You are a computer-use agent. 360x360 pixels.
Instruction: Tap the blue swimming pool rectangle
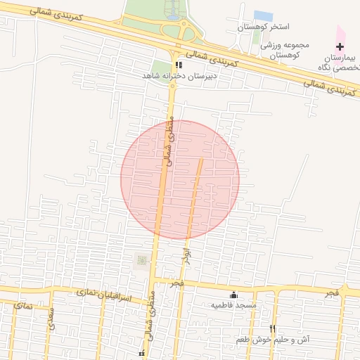(x=263, y=15)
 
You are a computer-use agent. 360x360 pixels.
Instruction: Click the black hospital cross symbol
(x=340, y=46)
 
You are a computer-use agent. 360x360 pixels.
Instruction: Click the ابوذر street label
(x=186, y=255)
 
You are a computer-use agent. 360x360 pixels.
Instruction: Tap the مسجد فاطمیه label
(x=233, y=306)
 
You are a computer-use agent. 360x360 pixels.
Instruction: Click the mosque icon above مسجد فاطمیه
(x=233, y=295)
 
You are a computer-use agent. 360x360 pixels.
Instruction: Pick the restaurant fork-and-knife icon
(x=272, y=329)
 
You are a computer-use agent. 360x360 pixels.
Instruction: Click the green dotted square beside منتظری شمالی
(x=141, y=261)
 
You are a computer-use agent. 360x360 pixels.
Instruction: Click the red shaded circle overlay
(x=180, y=180)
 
